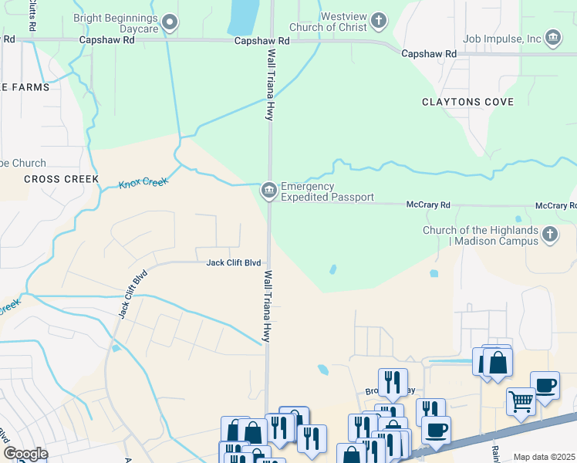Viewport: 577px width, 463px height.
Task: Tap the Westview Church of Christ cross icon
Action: [378, 20]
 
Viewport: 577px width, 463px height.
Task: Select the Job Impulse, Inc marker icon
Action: [552, 37]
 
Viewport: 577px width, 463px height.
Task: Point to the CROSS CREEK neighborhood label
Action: [61, 179]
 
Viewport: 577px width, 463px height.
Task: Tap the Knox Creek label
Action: [143, 184]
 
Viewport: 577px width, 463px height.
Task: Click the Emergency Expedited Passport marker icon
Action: [269, 189]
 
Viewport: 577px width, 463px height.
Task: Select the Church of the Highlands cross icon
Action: [550, 235]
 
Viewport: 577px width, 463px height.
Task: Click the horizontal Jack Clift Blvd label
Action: [233, 262]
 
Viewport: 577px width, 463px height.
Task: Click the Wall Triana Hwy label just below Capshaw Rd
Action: [271, 84]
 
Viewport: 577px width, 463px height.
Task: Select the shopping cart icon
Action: [521, 401]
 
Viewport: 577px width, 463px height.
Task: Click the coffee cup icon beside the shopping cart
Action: [545, 385]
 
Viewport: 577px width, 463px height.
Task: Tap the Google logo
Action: [25, 453]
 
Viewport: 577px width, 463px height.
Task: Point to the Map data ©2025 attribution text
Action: [544, 457]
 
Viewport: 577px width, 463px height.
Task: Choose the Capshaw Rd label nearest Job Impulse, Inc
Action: [429, 54]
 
